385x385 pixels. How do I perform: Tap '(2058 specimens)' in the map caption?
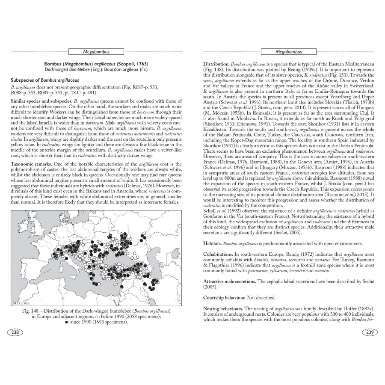(144, 316)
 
